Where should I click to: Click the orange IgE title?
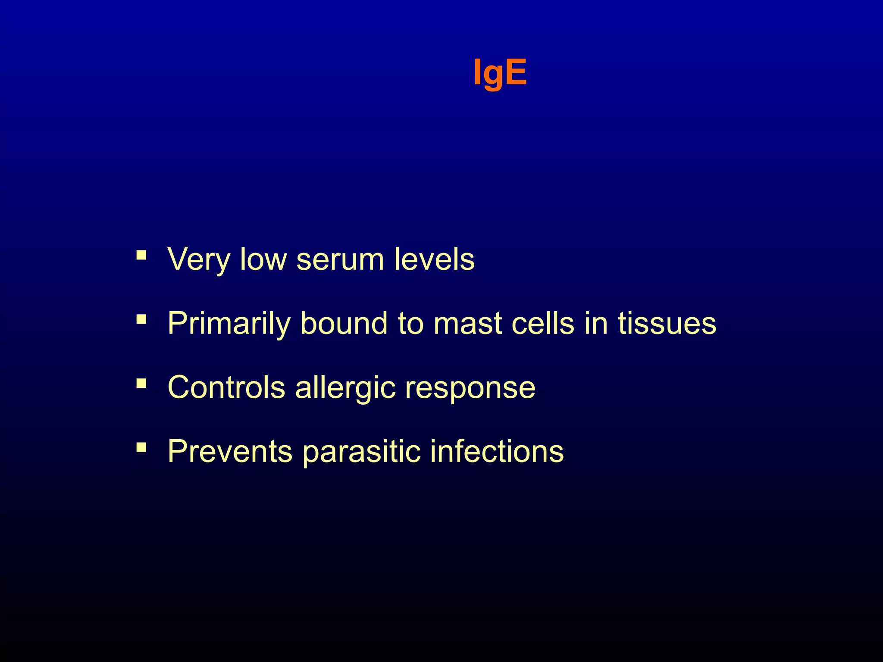point(500,72)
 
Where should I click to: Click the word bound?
point(344,323)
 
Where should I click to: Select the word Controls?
point(226,387)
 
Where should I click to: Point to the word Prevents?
point(230,451)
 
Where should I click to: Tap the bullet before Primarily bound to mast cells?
point(141,319)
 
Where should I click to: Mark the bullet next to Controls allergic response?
point(141,383)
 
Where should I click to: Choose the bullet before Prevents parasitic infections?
point(141,447)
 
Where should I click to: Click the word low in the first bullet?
point(263,259)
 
